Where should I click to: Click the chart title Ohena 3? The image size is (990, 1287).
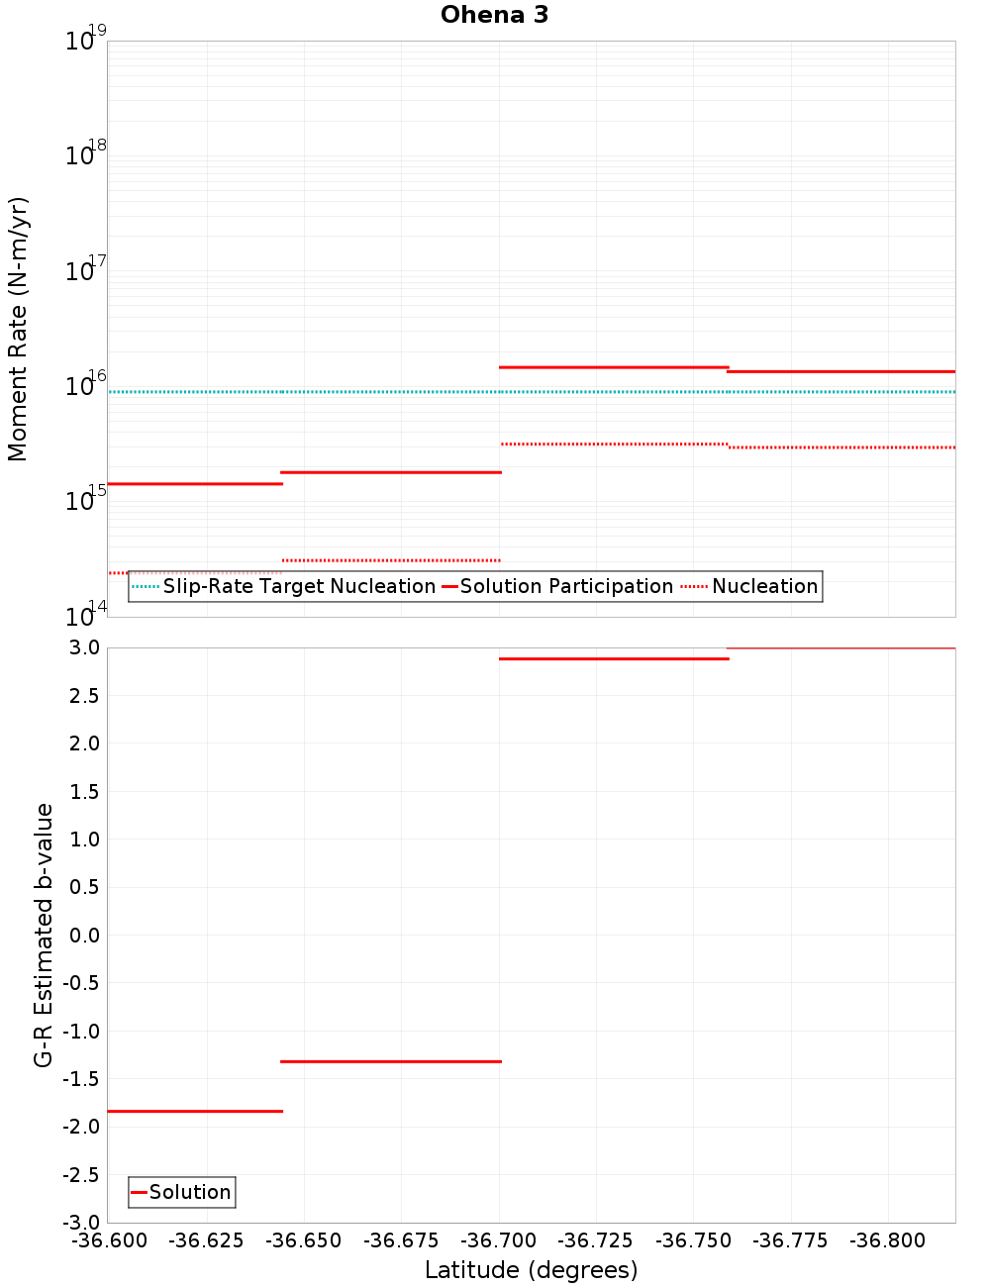pos(494,15)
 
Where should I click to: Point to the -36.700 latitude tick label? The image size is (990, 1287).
pos(499,1240)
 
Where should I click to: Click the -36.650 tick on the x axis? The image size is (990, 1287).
pos(304,1240)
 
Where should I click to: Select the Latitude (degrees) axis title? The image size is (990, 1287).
pos(531,1270)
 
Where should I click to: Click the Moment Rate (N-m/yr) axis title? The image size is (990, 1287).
pos(18,329)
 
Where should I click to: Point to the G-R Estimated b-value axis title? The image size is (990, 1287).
pos(44,935)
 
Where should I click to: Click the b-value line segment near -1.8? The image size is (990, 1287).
pos(195,1111)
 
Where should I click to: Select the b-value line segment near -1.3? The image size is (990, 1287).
pos(391,1061)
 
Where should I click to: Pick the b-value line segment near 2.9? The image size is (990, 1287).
pos(614,658)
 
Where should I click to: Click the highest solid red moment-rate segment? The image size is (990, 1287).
pos(614,367)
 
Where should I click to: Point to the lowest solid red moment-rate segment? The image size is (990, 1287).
pos(195,483)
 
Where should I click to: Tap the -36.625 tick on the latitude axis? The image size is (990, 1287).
pos(207,1240)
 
